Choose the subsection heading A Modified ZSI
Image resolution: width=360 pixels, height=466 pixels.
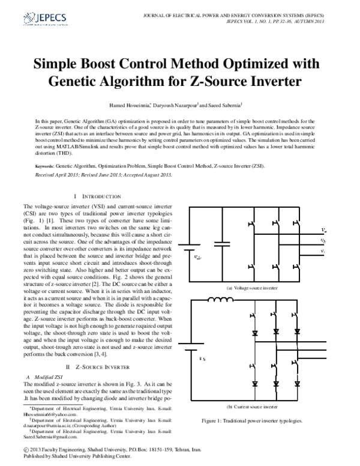coord(43,376)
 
